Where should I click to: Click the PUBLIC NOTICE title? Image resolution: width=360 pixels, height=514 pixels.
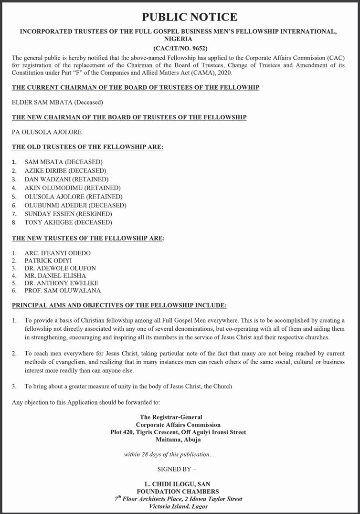coord(190,17)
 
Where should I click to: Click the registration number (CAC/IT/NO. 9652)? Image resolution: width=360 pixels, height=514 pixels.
coord(180,48)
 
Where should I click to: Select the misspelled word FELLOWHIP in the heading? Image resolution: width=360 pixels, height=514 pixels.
coord(242,87)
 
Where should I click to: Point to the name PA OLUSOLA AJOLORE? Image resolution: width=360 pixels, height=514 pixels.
coord(46,132)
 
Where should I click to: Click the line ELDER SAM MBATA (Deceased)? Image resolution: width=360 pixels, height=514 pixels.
coord(57,102)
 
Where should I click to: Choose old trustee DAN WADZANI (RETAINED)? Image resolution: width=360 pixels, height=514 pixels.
coord(66,179)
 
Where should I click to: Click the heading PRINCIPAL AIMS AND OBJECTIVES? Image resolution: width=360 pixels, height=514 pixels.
coord(119,305)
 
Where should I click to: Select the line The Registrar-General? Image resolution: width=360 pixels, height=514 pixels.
coord(170,417)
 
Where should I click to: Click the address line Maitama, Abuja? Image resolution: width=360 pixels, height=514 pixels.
coord(178,440)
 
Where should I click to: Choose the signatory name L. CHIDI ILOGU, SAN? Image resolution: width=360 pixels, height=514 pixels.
coord(178,484)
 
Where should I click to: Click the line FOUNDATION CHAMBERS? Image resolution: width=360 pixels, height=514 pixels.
coord(178,491)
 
